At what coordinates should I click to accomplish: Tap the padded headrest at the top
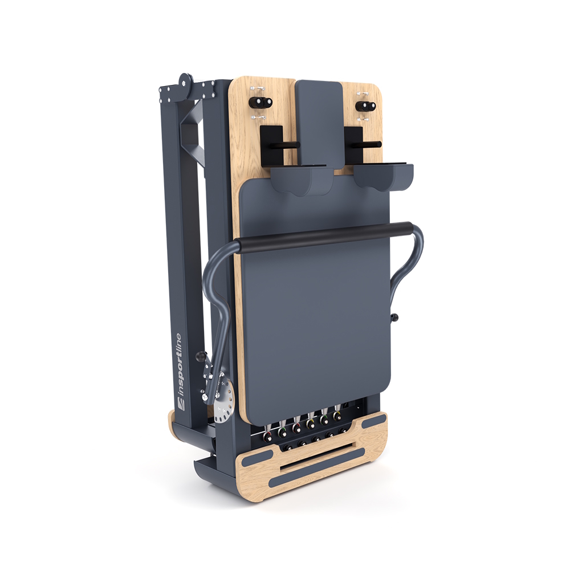point(319,124)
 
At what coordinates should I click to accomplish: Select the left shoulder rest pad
point(302,180)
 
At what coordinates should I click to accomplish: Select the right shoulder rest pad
point(383,177)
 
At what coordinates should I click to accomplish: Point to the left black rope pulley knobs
point(260,103)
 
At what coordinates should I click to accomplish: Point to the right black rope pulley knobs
point(367,106)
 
